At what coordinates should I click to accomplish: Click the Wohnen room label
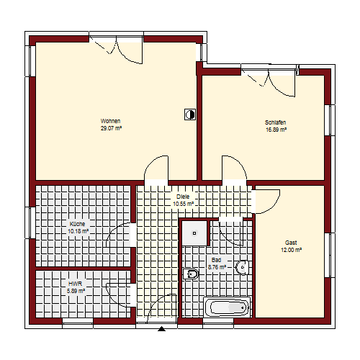click(110, 121)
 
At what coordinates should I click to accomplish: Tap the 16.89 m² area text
click(276, 130)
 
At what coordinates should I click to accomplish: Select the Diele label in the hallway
click(183, 197)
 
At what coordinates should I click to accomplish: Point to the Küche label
click(77, 224)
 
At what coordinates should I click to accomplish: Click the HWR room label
click(76, 284)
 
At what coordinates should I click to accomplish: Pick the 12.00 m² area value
click(291, 250)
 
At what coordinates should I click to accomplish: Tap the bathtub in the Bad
click(228, 307)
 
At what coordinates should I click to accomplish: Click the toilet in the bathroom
click(191, 274)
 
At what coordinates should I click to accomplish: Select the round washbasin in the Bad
click(243, 267)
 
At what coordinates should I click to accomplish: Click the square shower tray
click(194, 233)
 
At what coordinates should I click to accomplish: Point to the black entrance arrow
click(162, 329)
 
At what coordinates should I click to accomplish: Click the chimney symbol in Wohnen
click(190, 114)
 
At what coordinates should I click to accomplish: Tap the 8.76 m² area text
click(217, 267)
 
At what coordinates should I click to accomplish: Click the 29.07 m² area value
click(111, 128)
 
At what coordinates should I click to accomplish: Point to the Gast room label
click(291, 243)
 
